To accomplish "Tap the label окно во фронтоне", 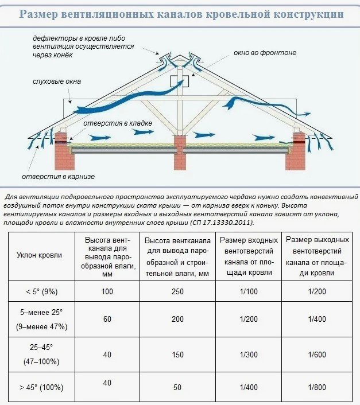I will pyautogui.click(x=265, y=53).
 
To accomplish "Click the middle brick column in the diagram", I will pyautogui.click(x=180, y=152).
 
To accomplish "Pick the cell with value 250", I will pyautogui.click(x=177, y=291).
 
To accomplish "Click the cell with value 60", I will pyautogui.click(x=107, y=318).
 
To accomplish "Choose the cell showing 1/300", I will pyautogui.click(x=249, y=355).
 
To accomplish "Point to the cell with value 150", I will pyautogui.click(x=177, y=355).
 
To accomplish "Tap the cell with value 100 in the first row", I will pyautogui.click(x=107, y=291).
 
